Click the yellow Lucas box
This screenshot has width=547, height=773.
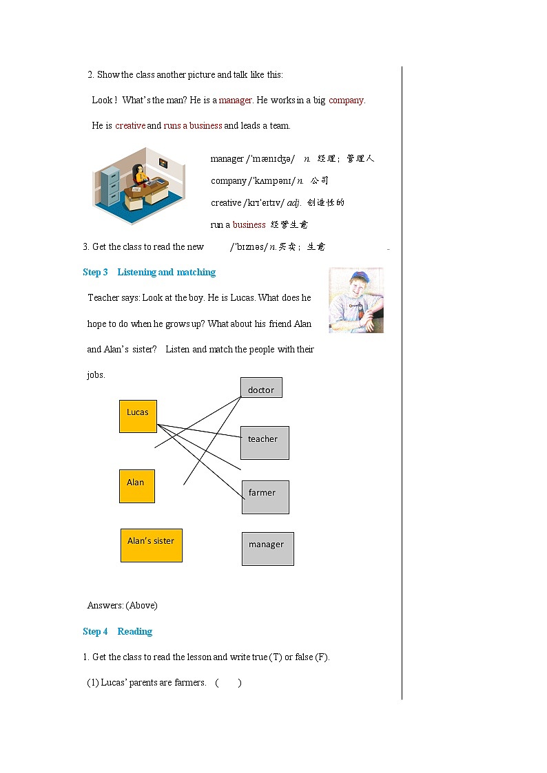138,416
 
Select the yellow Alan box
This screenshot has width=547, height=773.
136,486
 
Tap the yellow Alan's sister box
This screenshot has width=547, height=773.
151,544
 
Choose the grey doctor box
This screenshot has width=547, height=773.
261,388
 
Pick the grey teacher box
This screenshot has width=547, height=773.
265,443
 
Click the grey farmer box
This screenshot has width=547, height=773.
265,497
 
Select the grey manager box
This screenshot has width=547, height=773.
267,549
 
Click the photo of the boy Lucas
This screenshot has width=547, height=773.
355,301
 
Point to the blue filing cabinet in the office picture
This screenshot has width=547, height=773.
110,187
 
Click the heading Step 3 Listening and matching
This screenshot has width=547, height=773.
149,272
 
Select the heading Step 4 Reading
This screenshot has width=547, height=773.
117,631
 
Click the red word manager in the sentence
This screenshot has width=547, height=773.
236,100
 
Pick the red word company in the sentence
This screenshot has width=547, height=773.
346,100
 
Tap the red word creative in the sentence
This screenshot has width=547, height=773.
130,125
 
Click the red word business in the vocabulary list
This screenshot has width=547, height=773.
249,224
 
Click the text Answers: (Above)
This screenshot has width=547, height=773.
122,605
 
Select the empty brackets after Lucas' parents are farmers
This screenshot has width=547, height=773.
228,682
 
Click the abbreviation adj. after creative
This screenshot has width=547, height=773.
294,202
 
